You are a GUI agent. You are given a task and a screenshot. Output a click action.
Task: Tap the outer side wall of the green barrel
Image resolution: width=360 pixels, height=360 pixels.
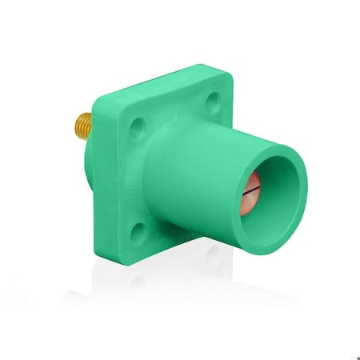point(200,176)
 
